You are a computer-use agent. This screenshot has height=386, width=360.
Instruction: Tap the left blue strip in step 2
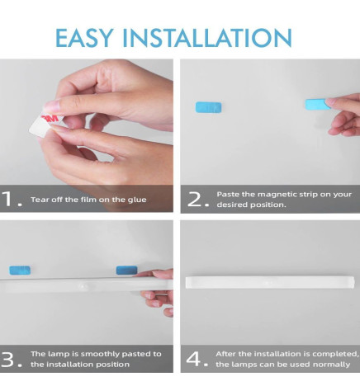tap(206, 107)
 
